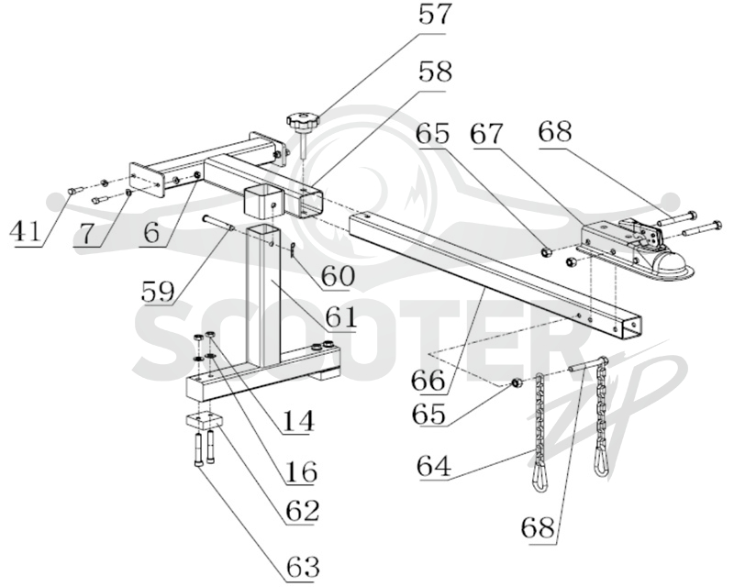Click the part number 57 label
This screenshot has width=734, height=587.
[x=434, y=16]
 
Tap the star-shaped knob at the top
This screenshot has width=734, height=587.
[x=304, y=122]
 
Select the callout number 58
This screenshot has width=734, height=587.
[x=435, y=73]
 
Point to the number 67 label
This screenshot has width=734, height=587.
[x=488, y=134]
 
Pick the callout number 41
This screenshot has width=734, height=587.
[x=27, y=230]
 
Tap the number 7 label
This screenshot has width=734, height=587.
[x=85, y=233]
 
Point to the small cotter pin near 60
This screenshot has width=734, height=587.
[x=291, y=250]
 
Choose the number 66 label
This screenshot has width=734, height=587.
[x=428, y=380]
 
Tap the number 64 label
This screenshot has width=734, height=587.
[x=434, y=465]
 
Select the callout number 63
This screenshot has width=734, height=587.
[x=304, y=567]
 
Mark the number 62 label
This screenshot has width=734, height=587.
[x=303, y=510]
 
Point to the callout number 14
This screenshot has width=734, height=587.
[x=297, y=420]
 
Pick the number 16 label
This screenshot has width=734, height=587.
[x=301, y=471]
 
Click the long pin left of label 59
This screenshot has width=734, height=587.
[x=219, y=222]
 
